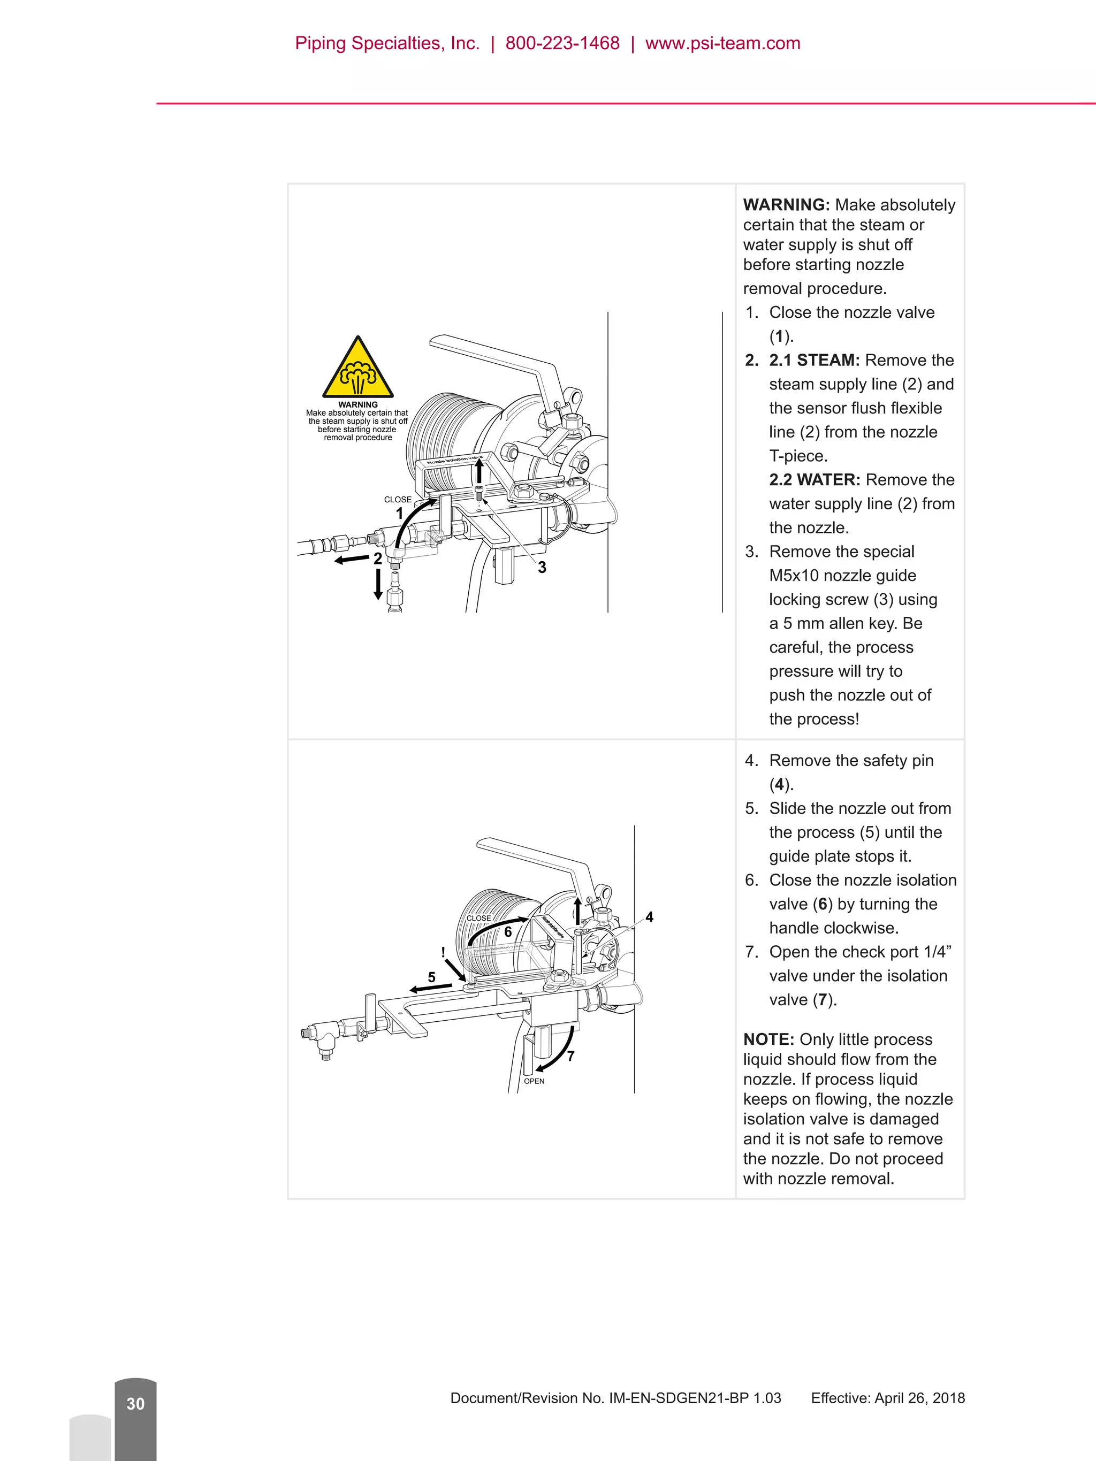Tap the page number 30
(x=135, y=1404)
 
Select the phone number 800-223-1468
(x=562, y=43)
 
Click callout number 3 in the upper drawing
(x=542, y=568)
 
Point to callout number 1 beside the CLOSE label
(x=399, y=513)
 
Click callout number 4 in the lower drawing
(x=649, y=917)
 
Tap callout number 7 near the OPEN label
(x=571, y=1056)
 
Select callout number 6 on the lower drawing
(x=508, y=932)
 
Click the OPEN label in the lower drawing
(x=534, y=1081)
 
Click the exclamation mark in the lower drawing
(x=443, y=952)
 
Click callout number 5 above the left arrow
(x=431, y=977)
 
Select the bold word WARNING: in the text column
(x=786, y=205)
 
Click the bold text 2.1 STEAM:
(x=814, y=361)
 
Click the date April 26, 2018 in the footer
(x=919, y=1398)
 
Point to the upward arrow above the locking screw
(x=479, y=472)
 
